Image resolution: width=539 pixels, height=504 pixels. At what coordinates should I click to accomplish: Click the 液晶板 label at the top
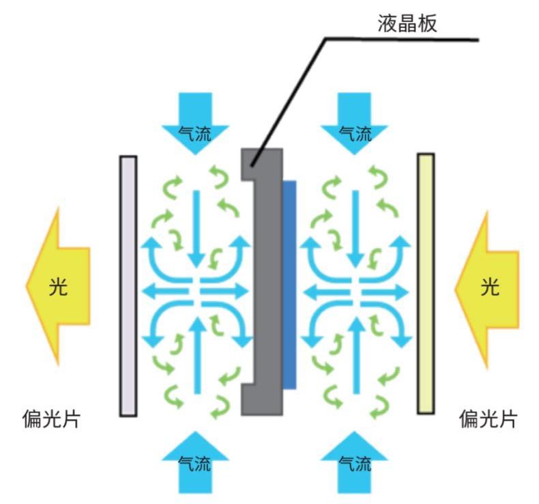tap(407, 23)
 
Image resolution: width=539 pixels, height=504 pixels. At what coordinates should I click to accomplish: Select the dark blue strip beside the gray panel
tap(289, 285)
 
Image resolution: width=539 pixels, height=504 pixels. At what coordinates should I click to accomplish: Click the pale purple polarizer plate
tap(128, 286)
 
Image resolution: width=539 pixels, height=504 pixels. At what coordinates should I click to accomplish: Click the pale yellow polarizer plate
tap(426, 283)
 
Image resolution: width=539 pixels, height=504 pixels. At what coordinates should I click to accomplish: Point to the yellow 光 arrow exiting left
tap(59, 286)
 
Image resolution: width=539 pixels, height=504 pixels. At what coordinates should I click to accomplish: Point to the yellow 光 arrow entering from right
tap(487, 290)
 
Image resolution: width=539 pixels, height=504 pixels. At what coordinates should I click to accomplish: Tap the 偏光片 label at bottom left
tap(52, 419)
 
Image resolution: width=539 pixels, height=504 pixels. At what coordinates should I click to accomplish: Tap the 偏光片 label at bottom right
tap(488, 419)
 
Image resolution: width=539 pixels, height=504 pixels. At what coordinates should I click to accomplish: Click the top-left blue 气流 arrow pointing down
tap(195, 123)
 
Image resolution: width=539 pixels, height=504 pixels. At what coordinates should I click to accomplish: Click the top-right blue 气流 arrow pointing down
tap(354, 123)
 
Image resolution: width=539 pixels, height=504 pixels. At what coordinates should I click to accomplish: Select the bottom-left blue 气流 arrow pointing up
tap(195, 462)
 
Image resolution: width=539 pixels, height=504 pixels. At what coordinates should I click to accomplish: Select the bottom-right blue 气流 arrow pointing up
tap(354, 462)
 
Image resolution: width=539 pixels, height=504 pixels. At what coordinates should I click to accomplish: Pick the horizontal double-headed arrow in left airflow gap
tap(195, 292)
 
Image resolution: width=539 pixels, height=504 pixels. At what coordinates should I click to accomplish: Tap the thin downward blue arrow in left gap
tap(196, 228)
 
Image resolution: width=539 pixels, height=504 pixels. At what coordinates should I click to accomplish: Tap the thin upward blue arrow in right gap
tap(357, 355)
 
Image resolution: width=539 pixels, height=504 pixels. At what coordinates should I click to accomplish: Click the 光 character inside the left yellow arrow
tap(58, 286)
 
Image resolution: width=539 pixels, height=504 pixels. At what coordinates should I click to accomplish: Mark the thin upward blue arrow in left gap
tap(197, 355)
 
